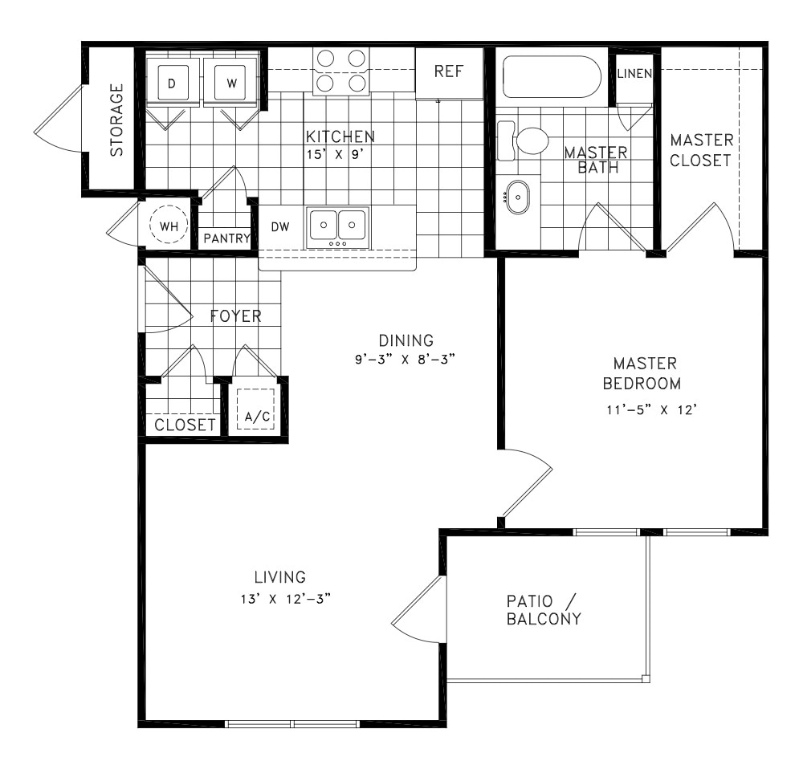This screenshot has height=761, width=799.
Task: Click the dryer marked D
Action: [173, 82]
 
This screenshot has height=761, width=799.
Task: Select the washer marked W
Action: [230, 82]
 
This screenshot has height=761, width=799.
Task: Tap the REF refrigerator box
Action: [448, 71]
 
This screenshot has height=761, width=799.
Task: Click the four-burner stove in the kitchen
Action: [341, 71]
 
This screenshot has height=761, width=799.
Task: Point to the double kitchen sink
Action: [337, 226]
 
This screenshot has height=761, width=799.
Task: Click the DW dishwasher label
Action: [279, 227]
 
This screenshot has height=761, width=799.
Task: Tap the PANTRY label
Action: [226, 238]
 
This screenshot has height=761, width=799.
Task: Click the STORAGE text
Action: [117, 120]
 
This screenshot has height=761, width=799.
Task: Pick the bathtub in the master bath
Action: [552, 77]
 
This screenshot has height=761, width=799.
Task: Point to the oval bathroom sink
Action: [518, 197]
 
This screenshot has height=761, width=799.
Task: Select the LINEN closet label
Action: [634, 73]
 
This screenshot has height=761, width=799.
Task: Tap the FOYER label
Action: [235, 315]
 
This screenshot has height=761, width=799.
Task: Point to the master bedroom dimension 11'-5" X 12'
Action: [645, 409]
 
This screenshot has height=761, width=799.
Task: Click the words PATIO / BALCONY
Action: [543, 610]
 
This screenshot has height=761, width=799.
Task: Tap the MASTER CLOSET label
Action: [700, 150]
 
